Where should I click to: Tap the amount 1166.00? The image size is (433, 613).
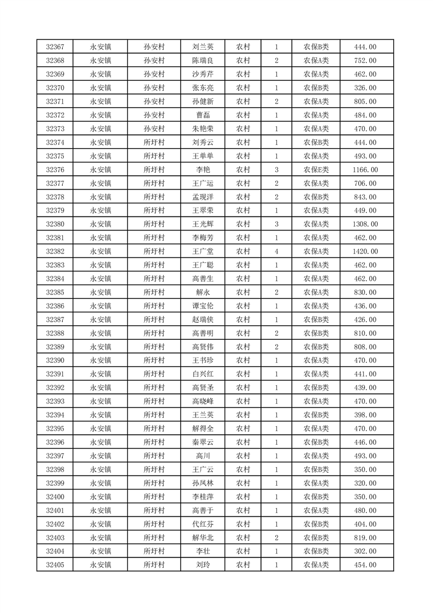click(365, 170)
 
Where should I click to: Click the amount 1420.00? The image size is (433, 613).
click(365, 251)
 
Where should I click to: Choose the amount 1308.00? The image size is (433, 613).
click(365, 224)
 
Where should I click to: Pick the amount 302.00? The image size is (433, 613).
click(365, 551)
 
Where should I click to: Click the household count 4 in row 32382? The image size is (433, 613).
click(277, 251)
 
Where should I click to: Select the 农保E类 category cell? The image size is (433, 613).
click(316, 170)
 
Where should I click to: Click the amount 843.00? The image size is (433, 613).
click(365, 197)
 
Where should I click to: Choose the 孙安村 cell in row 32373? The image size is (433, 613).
click(154, 129)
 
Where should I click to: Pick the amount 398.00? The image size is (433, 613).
click(365, 415)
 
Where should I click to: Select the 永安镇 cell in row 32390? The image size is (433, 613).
click(100, 361)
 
